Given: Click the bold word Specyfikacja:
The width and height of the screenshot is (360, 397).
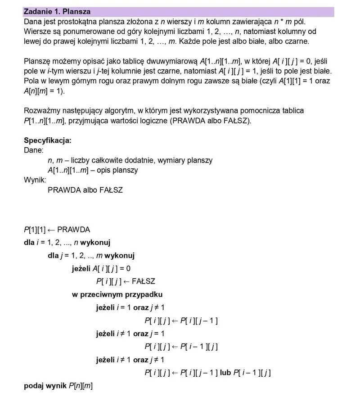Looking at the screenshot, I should click(x=47, y=140).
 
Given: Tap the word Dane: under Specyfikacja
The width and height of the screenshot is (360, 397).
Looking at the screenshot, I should click(x=33, y=150).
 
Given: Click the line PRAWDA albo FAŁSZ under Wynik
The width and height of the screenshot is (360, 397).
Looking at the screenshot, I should click(x=85, y=190).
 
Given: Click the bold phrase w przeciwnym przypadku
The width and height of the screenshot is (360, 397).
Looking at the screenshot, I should click(x=117, y=294).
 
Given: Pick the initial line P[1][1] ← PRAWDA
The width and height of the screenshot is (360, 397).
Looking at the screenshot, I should click(x=57, y=230).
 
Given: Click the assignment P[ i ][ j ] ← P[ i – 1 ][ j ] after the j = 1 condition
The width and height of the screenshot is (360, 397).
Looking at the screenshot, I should click(x=181, y=347).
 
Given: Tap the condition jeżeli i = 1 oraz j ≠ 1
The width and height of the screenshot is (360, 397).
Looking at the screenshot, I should click(x=130, y=307).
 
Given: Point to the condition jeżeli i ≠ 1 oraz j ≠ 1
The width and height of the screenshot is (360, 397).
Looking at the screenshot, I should click(x=130, y=360).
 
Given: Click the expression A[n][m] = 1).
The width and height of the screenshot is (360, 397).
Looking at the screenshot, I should click(x=44, y=91).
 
